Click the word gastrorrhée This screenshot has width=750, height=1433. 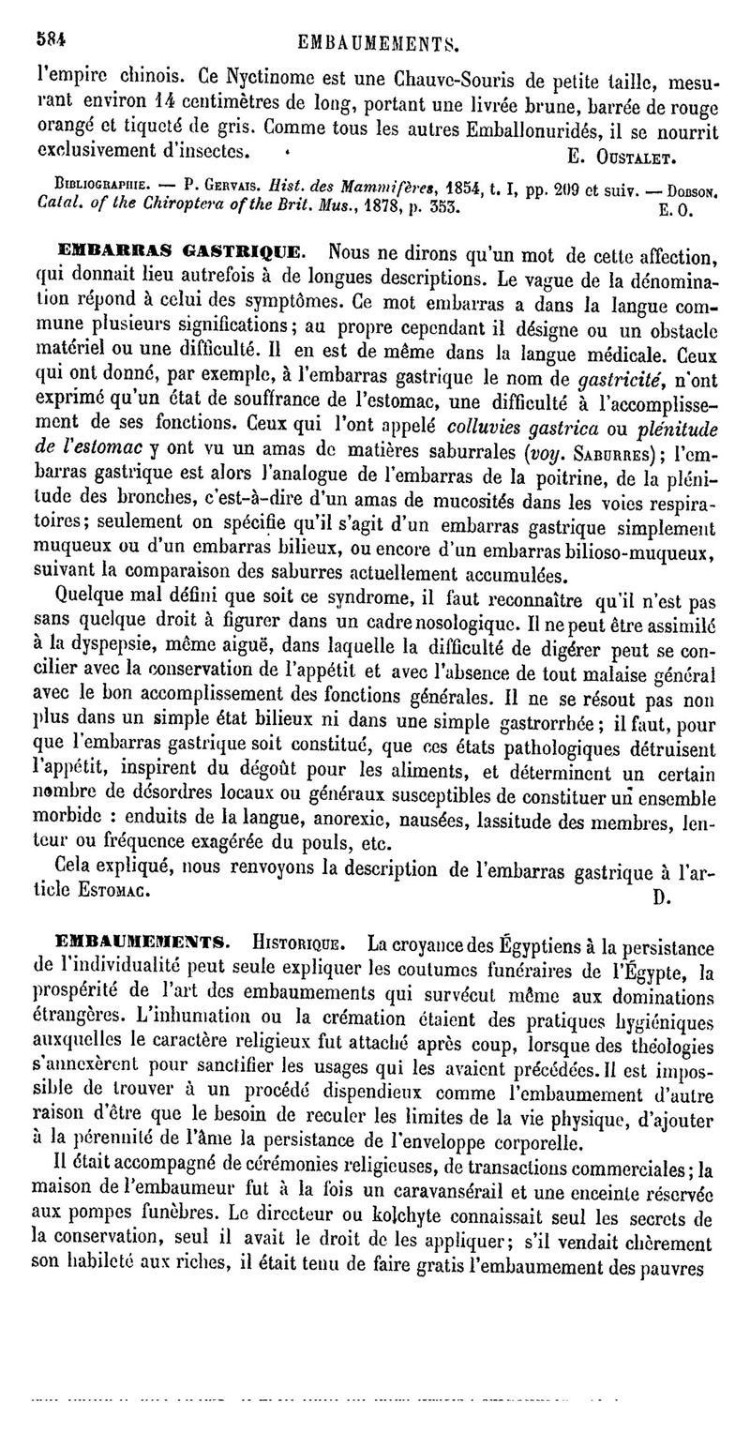528,725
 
